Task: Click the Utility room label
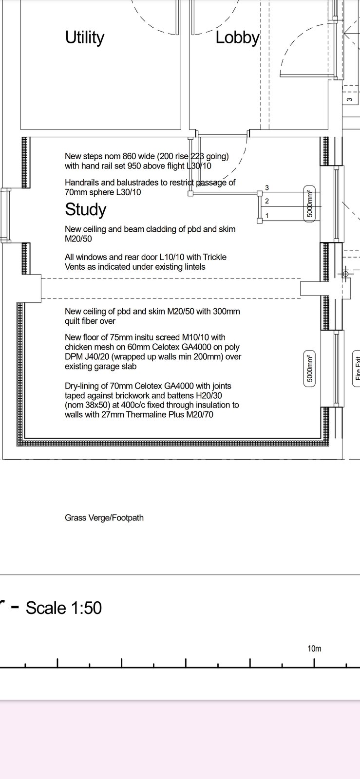[85, 37]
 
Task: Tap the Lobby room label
[238, 37]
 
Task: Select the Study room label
[86, 209]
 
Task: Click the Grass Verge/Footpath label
[104, 518]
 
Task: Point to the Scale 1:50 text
[64, 608]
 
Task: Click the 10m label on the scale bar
[314, 649]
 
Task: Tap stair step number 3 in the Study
[267, 188]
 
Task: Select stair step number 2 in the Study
[267, 201]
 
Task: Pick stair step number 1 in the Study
[267, 216]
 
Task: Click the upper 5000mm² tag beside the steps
[309, 204]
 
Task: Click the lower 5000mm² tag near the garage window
[309, 369]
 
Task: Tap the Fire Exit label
[357, 369]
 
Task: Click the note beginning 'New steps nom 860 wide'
[147, 161]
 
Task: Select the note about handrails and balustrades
[150, 187]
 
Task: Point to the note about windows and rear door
[145, 262]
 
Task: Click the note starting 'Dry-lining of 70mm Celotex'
[152, 400]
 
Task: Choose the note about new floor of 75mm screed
[153, 352]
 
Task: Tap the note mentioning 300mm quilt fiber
[152, 316]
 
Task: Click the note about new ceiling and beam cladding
[150, 234]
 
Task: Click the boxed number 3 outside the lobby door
[350, 99]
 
